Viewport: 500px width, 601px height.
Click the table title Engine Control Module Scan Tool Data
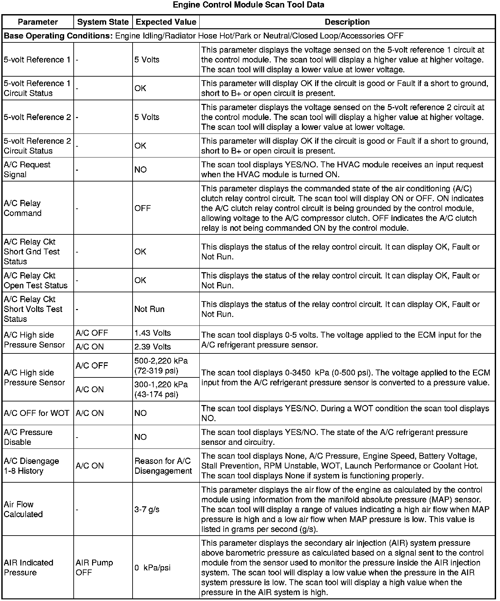click(x=248, y=5)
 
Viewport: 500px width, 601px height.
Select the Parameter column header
click(x=38, y=22)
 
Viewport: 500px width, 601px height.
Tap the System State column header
click(x=103, y=22)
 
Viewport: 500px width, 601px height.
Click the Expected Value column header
click(x=166, y=22)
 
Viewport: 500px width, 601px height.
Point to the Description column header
click(x=347, y=22)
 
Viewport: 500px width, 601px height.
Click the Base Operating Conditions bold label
click(x=58, y=36)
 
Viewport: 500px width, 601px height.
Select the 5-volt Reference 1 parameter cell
click(x=37, y=60)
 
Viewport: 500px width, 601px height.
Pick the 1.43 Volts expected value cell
click(x=153, y=333)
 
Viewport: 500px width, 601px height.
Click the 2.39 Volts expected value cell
click(x=153, y=347)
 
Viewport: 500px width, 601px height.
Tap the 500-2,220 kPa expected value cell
click(x=161, y=366)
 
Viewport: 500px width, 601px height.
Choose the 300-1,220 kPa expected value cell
click(x=161, y=389)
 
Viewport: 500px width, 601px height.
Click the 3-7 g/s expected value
click(x=147, y=509)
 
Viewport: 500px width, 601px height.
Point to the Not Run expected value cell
click(x=149, y=309)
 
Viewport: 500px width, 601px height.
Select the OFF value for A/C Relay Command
click(x=142, y=208)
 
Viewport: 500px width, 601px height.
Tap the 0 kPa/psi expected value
click(x=153, y=568)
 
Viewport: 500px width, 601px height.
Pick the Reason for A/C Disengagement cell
click(x=163, y=466)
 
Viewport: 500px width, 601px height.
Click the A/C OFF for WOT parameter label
click(x=37, y=413)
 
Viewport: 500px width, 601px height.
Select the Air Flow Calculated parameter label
click(x=23, y=509)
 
